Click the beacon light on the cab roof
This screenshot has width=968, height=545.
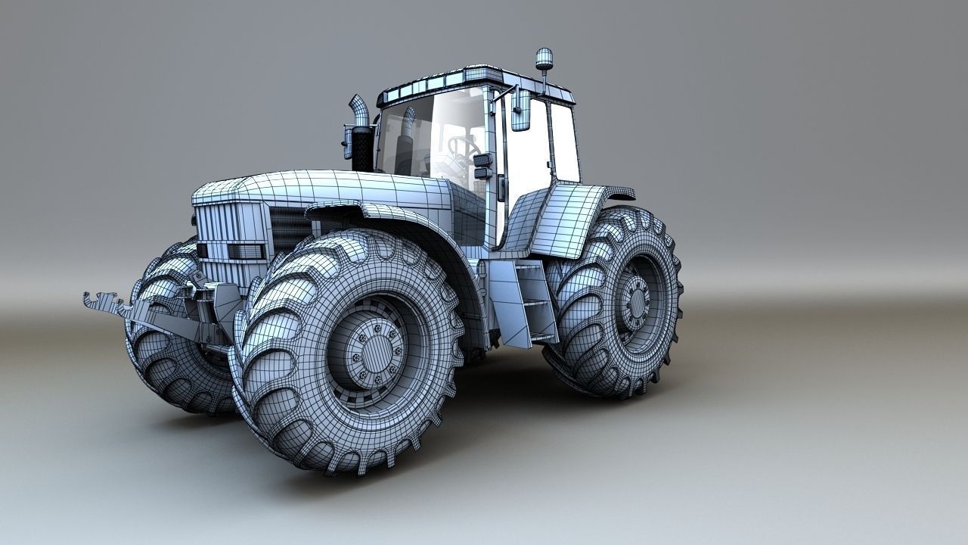543,58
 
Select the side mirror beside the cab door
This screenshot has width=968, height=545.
520,110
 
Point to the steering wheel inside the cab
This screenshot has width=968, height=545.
463,145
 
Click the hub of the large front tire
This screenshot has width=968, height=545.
374,350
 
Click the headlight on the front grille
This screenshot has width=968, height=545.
246,251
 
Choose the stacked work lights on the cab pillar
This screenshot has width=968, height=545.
482,166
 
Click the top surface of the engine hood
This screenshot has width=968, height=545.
333,185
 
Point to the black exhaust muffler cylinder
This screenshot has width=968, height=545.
362,148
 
